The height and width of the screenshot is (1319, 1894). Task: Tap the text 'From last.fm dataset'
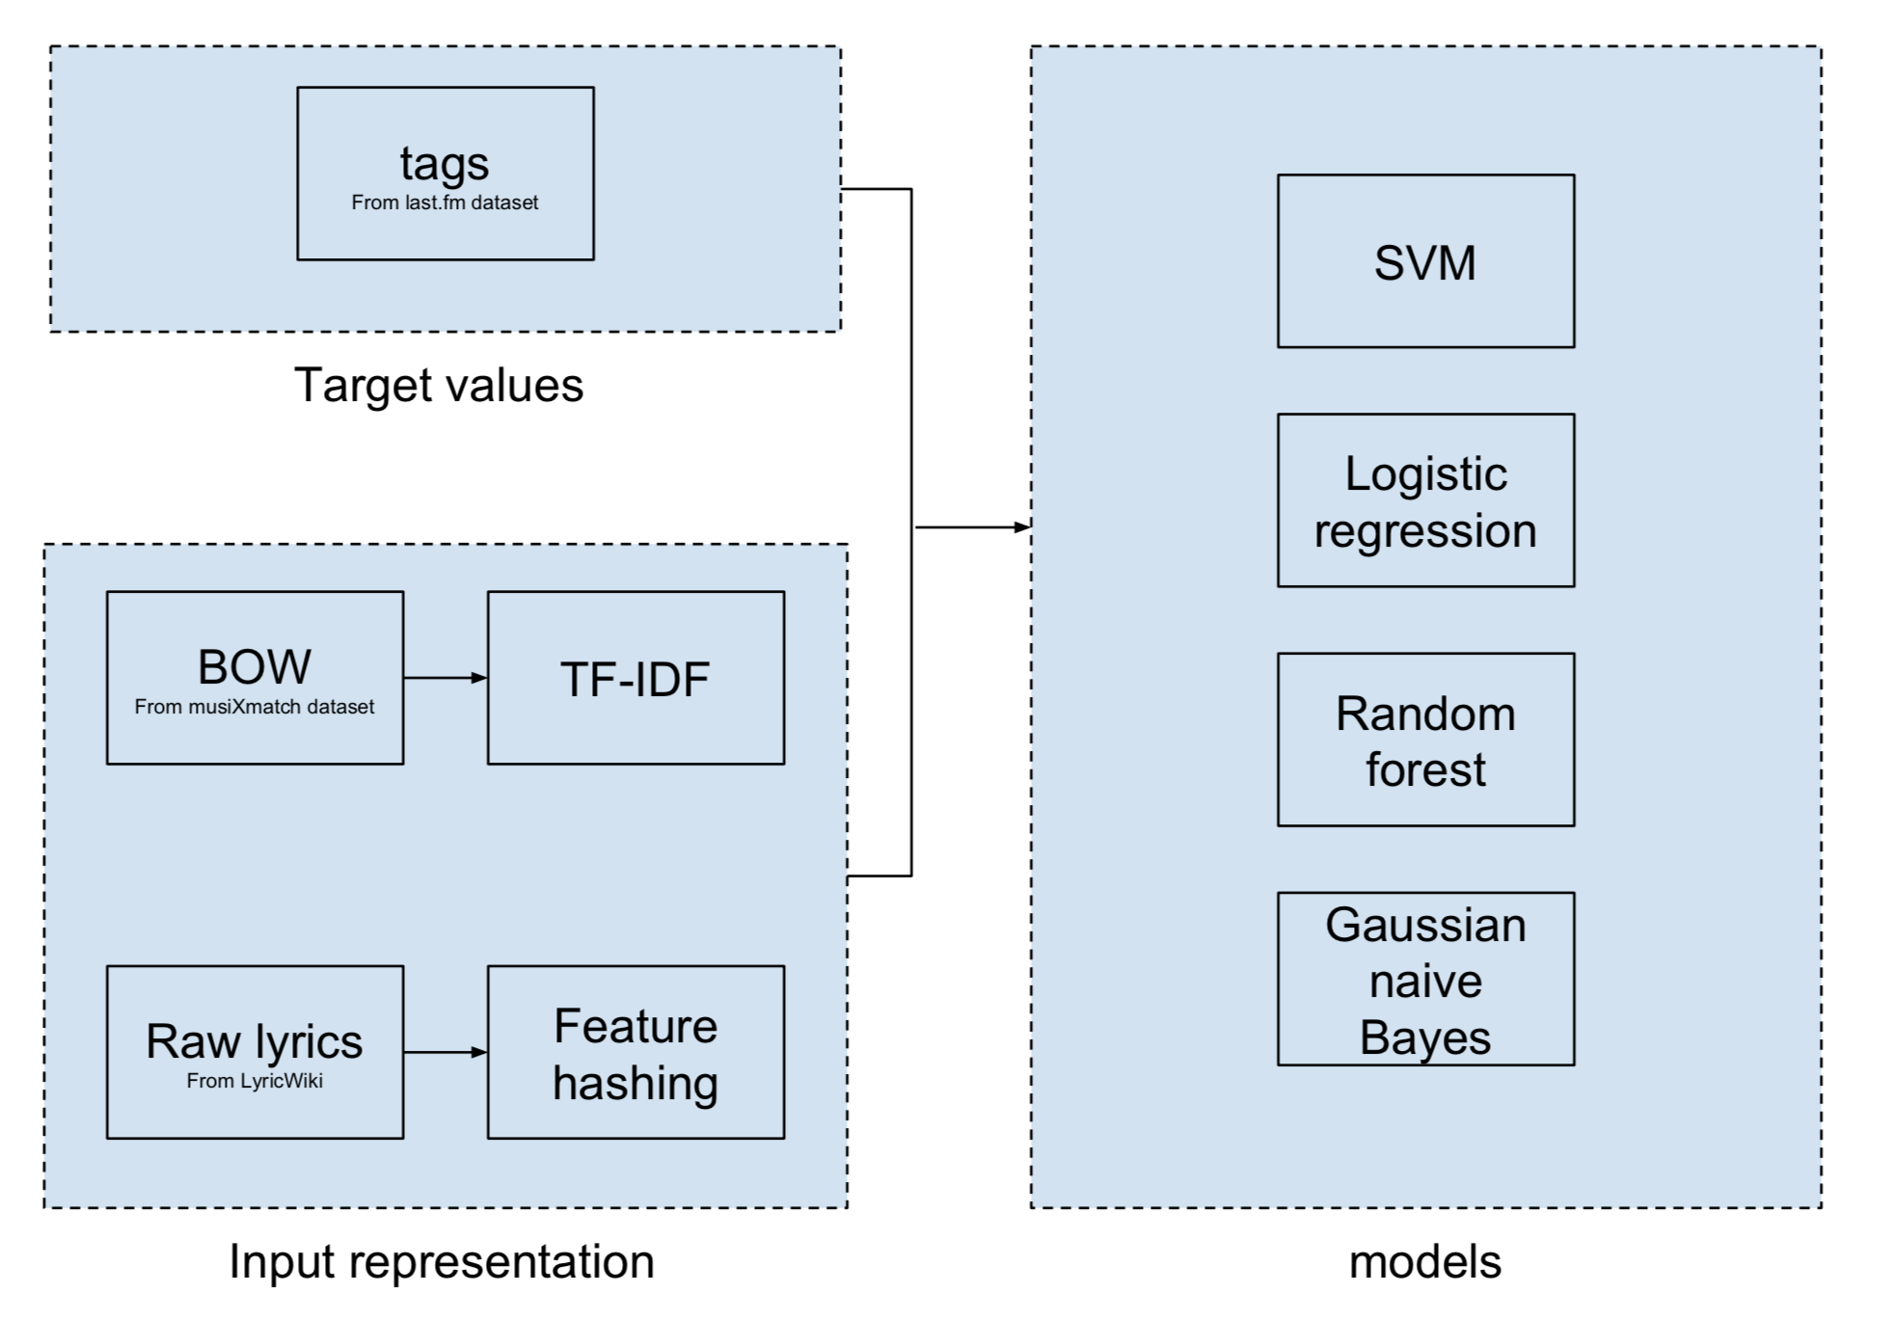tap(445, 202)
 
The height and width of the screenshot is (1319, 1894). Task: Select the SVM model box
tap(1425, 261)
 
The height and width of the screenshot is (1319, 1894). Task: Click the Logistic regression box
tap(1425, 500)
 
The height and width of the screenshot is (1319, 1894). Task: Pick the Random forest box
tap(1425, 740)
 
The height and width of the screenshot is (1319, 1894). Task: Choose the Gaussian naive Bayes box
tap(1425, 979)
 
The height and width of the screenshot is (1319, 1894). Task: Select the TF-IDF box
tap(636, 678)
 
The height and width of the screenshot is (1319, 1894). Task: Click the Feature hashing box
tap(636, 1052)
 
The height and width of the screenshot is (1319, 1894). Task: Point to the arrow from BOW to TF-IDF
tap(445, 678)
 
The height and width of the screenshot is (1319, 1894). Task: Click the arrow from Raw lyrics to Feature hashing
tap(445, 1052)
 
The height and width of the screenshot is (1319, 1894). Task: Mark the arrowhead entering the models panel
tap(1022, 527)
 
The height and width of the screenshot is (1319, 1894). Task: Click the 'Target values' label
tap(439, 385)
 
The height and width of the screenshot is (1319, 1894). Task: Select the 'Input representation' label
tap(442, 1261)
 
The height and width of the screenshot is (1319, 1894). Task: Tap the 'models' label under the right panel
tap(1424, 1261)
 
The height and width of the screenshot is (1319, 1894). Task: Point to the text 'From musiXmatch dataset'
tap(255, 707)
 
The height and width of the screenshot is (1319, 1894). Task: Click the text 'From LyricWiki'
tap(255, 1081)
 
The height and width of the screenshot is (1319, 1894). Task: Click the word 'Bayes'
tap(1425, 1037)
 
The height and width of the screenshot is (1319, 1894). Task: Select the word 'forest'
tap(1425, 769)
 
